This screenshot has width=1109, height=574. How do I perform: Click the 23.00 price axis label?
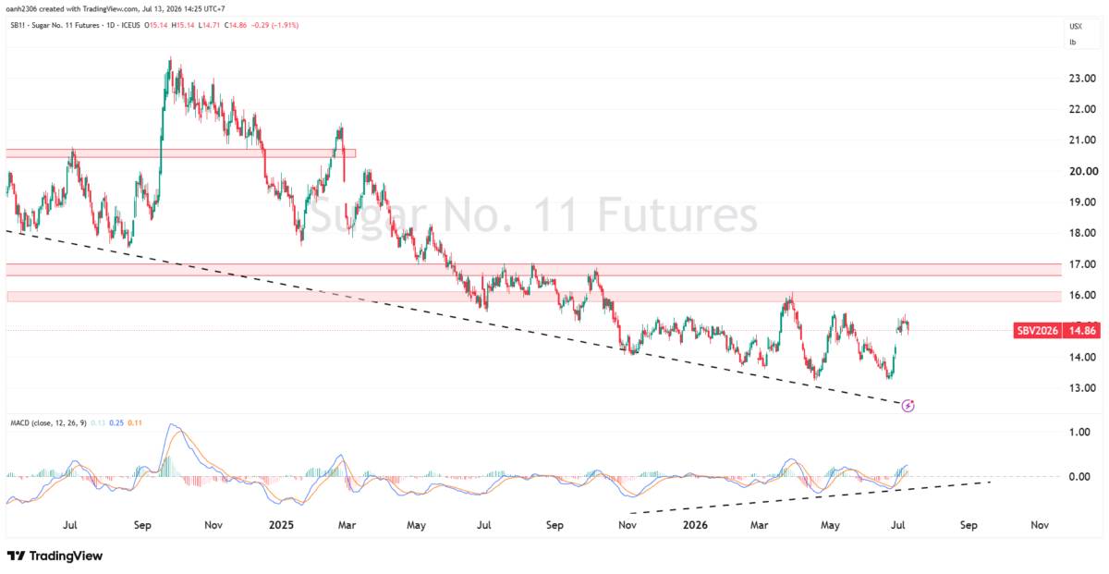click(1082, 79)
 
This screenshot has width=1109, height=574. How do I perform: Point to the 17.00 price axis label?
click(1082, 264)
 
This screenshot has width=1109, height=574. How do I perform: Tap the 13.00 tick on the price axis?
click(1082, 388)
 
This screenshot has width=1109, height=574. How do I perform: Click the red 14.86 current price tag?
click(1082, 330)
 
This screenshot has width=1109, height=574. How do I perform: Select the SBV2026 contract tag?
click(1037, 330)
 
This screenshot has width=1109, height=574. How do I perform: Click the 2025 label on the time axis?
click(281, 525)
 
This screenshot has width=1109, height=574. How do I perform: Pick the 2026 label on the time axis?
click(695, 525)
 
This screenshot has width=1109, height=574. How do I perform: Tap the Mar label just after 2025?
click(347, 525)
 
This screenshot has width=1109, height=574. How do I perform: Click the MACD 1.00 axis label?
click(1079, 432)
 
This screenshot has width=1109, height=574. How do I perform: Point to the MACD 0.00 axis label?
click(1079, 476)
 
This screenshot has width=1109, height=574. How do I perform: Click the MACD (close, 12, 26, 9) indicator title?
click(48, 423)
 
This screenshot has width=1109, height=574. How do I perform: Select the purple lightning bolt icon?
click(908, 406)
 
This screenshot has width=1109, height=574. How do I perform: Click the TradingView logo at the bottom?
click(55, 556)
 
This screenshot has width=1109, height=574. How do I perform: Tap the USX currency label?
click(1076, 26)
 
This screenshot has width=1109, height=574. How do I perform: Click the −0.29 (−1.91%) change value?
click(274, 25)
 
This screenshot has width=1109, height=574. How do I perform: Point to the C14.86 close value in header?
click(235, 25)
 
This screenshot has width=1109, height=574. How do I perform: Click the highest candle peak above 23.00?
click(170, 58)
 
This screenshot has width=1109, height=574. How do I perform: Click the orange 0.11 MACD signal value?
click(135, 423)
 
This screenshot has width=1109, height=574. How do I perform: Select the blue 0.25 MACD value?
click(116, 423)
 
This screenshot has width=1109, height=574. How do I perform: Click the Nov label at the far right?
click(1039, 525)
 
